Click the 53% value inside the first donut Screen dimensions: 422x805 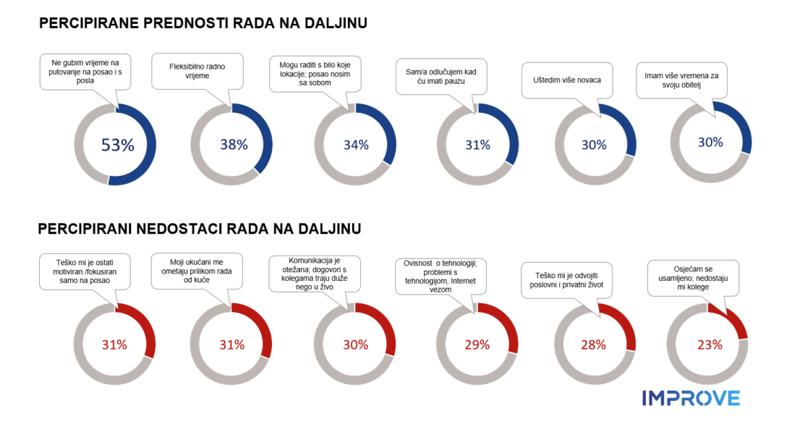point(117,145)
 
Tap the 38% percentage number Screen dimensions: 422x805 point(234,144)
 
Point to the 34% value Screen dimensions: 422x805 point(356,144)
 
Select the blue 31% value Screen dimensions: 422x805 point(478,145)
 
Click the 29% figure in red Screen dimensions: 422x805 point(478,345)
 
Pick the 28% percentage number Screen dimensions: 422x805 point(594,345)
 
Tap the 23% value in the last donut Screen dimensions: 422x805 point(710,345)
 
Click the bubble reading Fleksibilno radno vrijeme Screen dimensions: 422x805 point(197,71)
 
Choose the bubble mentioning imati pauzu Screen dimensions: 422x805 point(441,76)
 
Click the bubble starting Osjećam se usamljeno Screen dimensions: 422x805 point(692,277)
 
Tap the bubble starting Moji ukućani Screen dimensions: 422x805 point(197,269)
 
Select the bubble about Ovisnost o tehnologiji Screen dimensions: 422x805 point(441,275)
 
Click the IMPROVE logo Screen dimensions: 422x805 point(691,397)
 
